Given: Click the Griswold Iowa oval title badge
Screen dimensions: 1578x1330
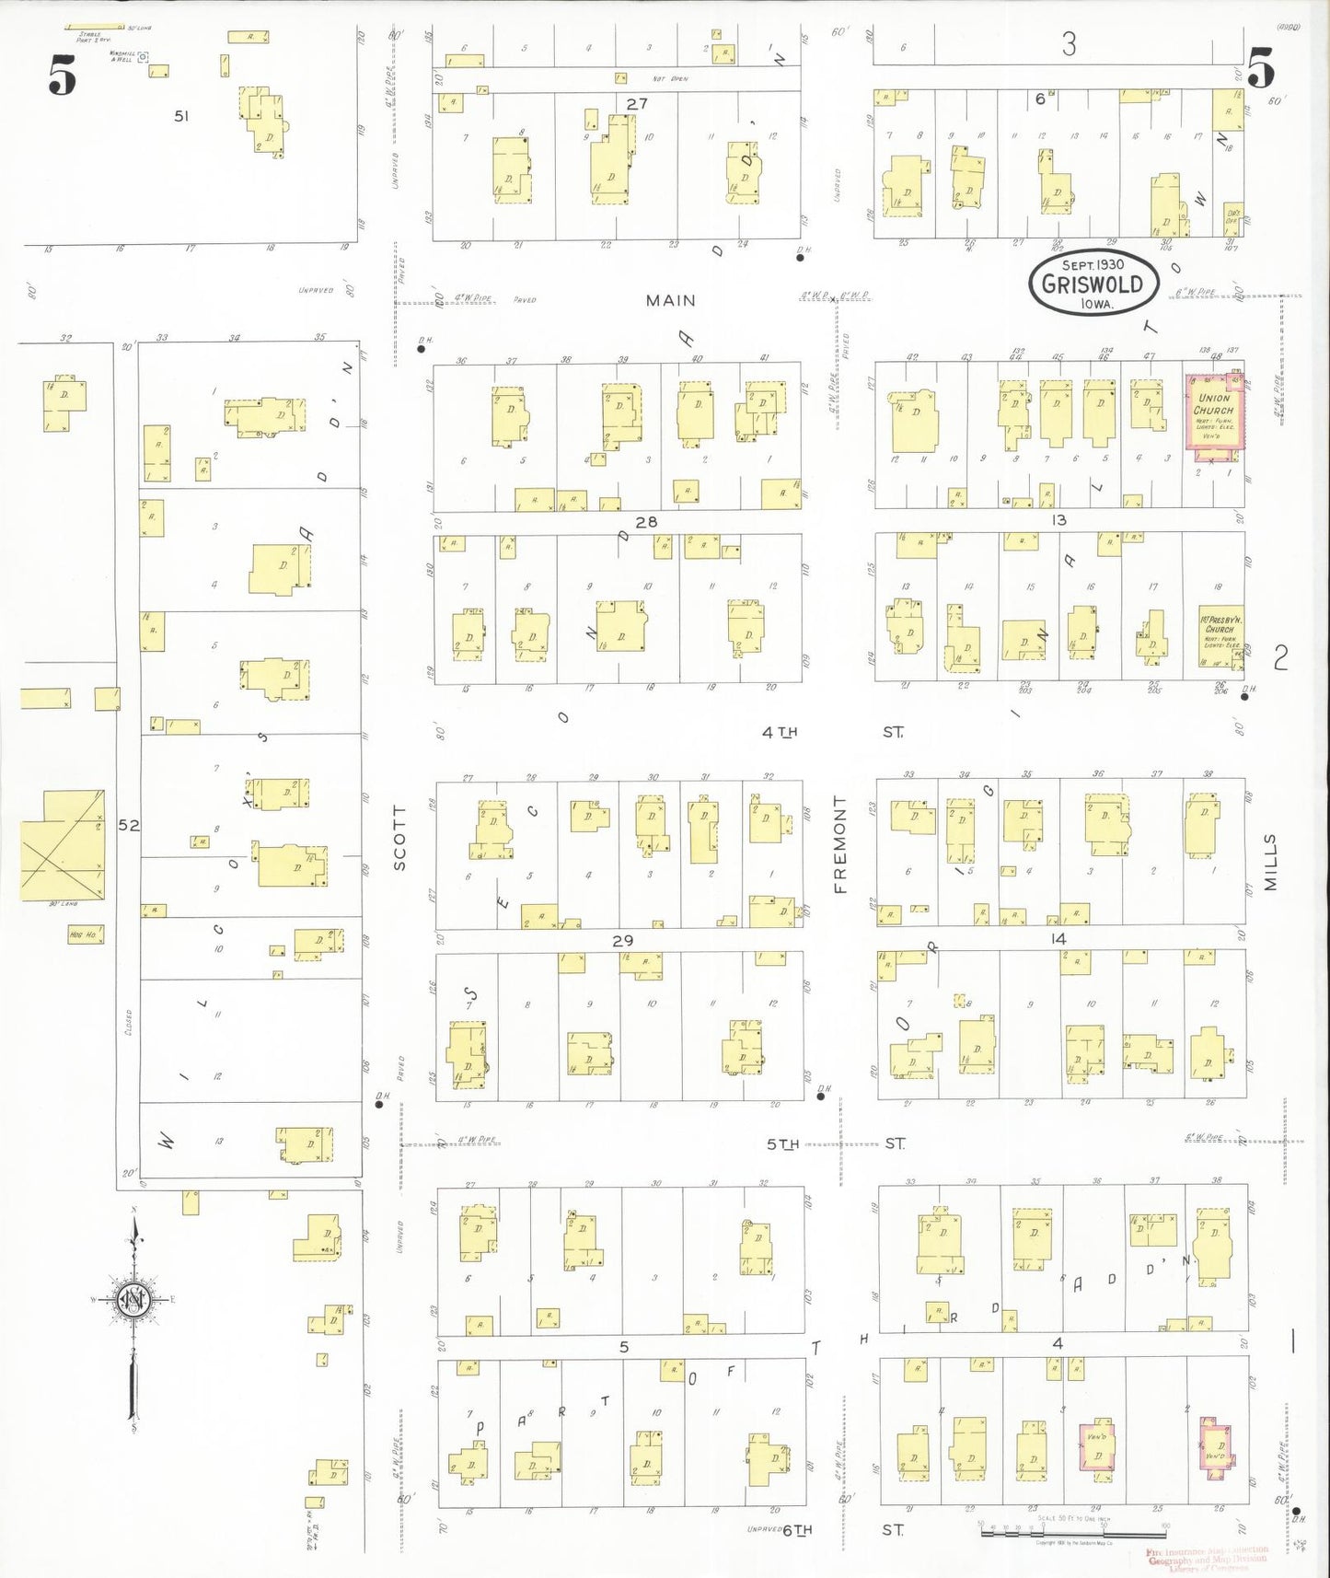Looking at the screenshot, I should [1092, 283].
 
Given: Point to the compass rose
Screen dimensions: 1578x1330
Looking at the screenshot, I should [134, 1300].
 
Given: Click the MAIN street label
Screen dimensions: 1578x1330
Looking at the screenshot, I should [670, 300].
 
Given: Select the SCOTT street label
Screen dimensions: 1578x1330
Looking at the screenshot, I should [399, 838].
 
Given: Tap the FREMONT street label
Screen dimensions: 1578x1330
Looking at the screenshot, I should [839, 844].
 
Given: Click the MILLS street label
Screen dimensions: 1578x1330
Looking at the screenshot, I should [1271, 862].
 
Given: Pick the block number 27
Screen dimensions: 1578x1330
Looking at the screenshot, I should [637, 104].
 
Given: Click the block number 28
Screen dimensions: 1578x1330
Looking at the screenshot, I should [646, 522].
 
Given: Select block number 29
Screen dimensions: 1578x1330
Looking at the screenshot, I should [623, 940].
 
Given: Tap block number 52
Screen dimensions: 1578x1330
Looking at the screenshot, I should [129, 826].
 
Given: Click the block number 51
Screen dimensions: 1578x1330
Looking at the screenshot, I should [181, 116].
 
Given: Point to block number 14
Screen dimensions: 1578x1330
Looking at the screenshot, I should [1058, 939].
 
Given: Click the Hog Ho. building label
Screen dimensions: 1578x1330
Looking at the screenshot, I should [84, 934].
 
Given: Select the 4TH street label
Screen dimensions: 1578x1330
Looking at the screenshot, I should [779, 732].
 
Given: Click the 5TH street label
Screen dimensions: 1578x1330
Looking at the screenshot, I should [783, 1144].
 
